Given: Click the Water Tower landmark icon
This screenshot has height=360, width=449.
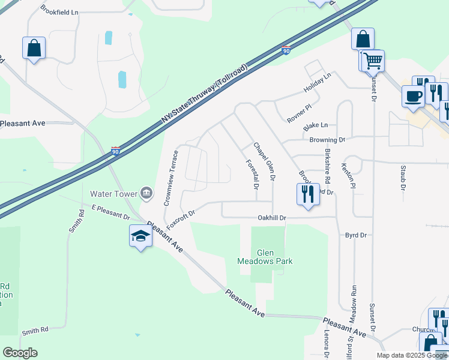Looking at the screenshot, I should tap(145, 193).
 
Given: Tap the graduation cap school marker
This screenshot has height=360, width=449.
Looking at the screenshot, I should tap(140, 236).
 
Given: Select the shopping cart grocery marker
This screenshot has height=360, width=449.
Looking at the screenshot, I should tap(372, 61).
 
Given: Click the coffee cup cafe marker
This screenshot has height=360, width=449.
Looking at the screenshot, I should tap(413, 96).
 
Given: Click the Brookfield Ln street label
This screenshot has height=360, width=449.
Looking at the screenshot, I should tap(59, 11).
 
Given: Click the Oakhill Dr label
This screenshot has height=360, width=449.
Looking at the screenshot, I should tap(272, 218).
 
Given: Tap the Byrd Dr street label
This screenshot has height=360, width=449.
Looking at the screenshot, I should tap(356, 235).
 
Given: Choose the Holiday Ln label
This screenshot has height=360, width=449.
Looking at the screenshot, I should tap(317, 83).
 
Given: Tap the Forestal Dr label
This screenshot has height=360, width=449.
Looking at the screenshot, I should tap(252, 175).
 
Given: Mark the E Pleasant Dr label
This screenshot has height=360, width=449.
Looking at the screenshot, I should tap(111, 211).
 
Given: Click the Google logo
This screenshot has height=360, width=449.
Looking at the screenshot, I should tap(20, 353).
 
